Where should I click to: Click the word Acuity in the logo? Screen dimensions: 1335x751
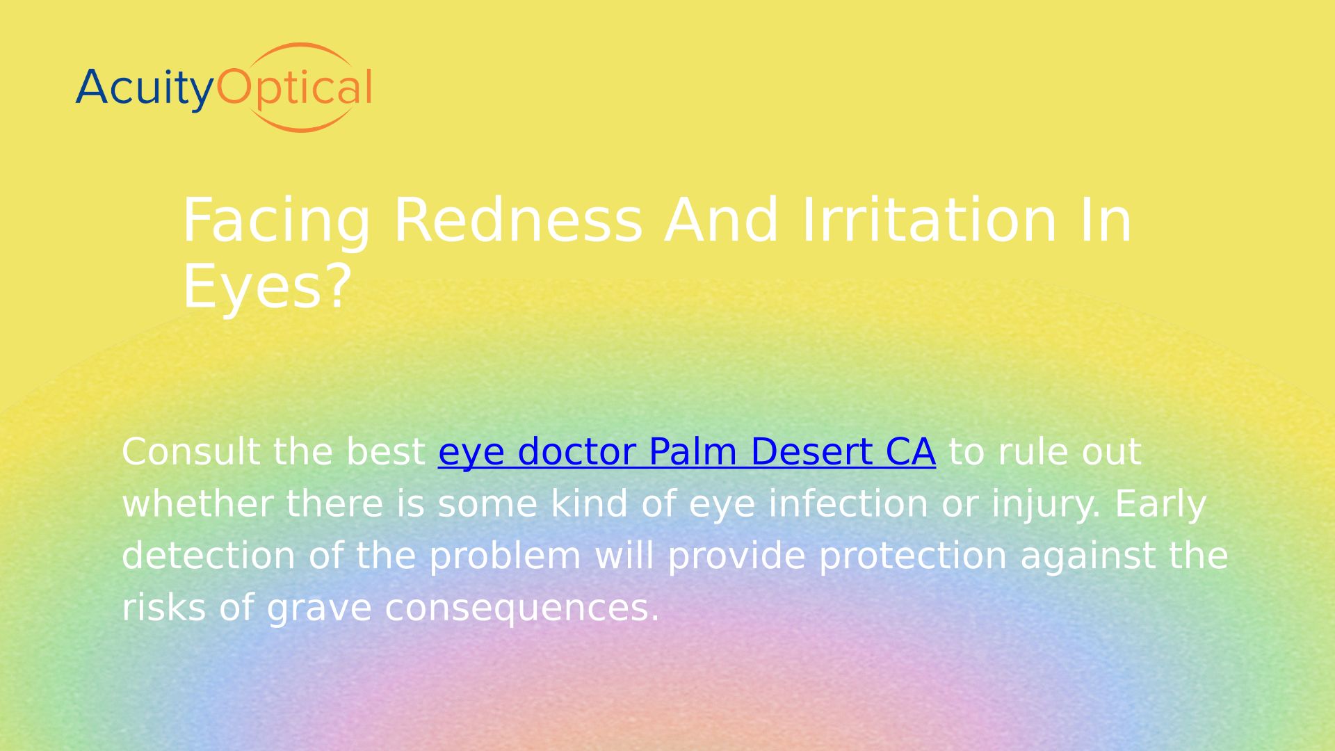pos(145,89)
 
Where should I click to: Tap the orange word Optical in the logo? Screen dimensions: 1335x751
pos(295,89)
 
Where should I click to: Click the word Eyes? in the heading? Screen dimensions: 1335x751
pos(267,286)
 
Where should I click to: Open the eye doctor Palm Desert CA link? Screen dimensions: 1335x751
pos(686,452)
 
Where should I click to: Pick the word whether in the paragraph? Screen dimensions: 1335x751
pos(197,503)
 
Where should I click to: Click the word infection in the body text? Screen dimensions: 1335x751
pos(848,503)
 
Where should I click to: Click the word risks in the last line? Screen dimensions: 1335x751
pos(163,608)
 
